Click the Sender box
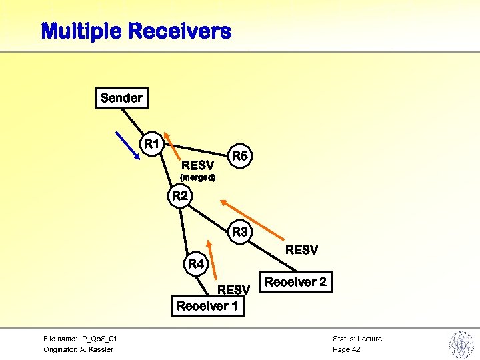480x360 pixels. [x=121, y=98]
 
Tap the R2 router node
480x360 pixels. [x=180, y=196]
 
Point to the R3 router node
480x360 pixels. [x=240, y=232]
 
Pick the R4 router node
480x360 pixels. [x=196, y=264]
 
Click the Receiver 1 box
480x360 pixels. [x=207, y=306]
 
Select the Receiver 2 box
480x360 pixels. [x=295, y=282]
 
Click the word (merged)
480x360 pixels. [x=197, y=178]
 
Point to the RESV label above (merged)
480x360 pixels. [x=198, y=165]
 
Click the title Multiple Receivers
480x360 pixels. [x=136, y=31]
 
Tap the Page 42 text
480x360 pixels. [x=346, y=349]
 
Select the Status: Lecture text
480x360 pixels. [x=357, y=339]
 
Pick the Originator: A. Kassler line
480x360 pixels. [x=78, y=349]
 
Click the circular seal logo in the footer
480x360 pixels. [x=460, y=344]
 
